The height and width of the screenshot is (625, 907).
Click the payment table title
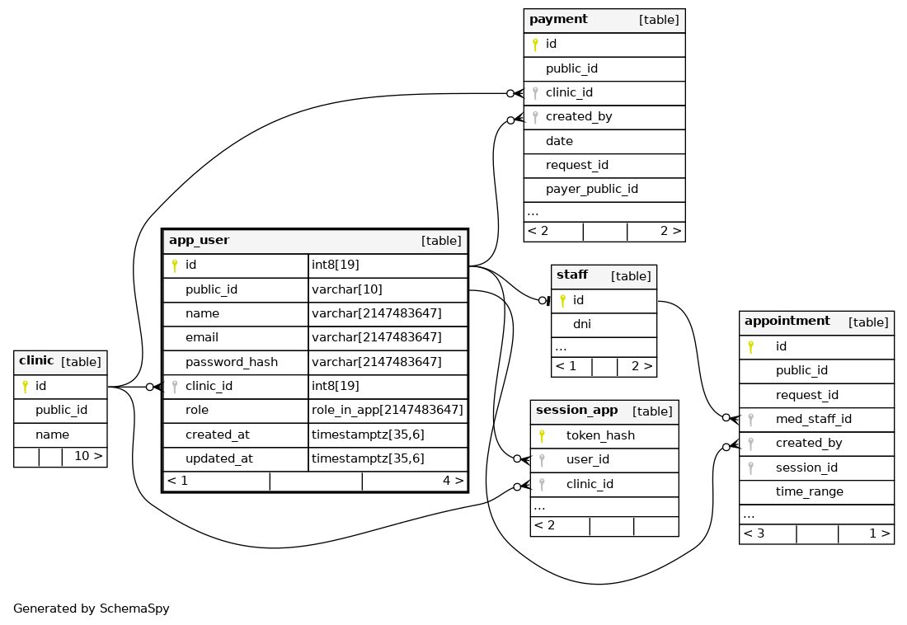(x=558, y=19)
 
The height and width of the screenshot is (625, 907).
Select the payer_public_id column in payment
(x=592, y=190)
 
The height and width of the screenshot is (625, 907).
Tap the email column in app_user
(x=202, y=337)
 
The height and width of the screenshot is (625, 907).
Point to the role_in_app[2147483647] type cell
(x=388, y=410)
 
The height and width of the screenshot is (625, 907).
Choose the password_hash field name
(x=232, y=362)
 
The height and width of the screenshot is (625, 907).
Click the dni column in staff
(x=582, y=324)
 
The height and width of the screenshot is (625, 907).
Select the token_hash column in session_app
(x=600, y=435)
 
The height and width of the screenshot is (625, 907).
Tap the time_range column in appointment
(x=809, y=491)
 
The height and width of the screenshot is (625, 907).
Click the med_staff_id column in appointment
(x=813, y=419)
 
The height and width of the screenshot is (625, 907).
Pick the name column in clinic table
(x=52, y=435)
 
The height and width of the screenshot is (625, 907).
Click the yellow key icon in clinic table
(x=25, y=387)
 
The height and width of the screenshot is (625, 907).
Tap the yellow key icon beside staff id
(x=562, y=301)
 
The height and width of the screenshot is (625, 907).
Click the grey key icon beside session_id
(x=751, y=468)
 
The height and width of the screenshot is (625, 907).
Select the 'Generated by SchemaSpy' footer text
(x=92, y=609)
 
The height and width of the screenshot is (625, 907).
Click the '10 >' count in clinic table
(x=88, y=456)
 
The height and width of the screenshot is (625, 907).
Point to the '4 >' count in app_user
(x=453, y=481)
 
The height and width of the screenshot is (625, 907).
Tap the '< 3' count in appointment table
(x=754, y=533)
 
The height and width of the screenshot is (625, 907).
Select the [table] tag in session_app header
(x=652, y=411)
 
